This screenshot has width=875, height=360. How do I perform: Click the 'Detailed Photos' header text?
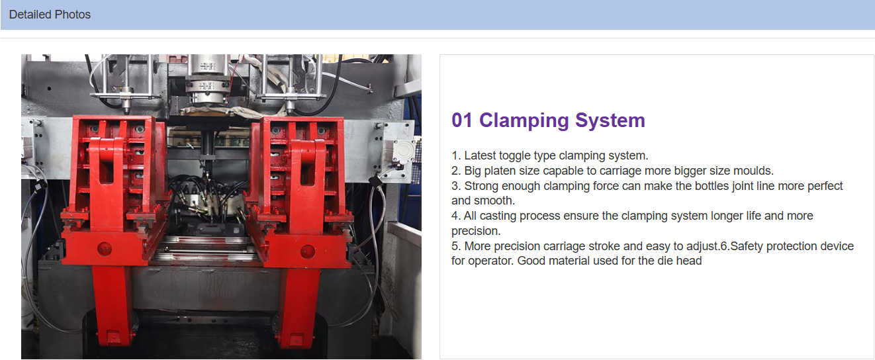pos(50,15)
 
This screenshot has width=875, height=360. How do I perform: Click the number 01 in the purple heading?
pos(462,120)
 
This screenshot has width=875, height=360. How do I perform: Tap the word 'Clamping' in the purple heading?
pos(524,120)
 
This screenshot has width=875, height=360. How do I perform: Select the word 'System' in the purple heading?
pos(610,120)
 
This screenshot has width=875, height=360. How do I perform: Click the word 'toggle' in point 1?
pos(514,156)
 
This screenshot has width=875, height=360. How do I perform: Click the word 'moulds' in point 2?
pos(753,171)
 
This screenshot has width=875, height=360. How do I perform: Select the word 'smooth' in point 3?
pos(493,201)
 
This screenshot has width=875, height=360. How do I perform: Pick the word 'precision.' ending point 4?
pos(476,231)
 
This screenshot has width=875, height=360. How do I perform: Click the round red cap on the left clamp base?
pos(105,249)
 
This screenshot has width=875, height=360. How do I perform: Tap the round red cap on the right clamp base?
pos(307,252)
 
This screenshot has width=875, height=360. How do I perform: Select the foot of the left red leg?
pos(114,336)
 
